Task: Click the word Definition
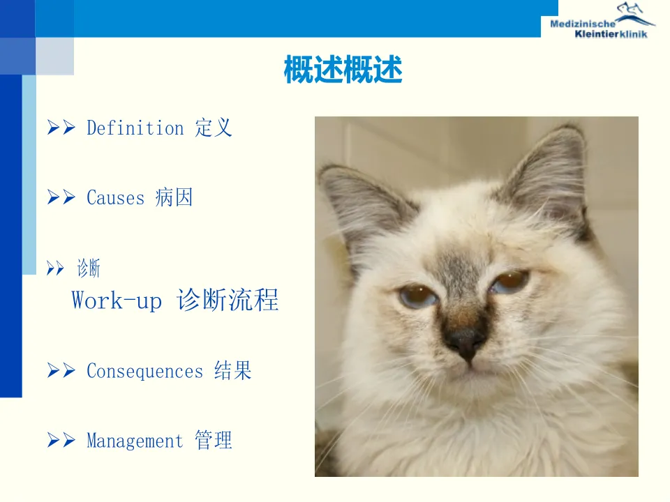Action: [x=135, y=128]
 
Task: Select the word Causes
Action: [x=115, y=197]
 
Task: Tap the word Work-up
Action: [x=117, y=300]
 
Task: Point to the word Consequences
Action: [x=145, y=371]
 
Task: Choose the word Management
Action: [x=135, y=441]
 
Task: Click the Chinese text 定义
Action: [x=214, y=128]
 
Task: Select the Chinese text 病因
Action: [x=174, y=197]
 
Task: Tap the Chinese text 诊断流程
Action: [x=228, y=300]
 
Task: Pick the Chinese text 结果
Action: [x=233, y=370]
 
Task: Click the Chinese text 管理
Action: [x=214, y=440]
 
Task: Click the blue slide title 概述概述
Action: [x=343, y=69]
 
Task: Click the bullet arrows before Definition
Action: [x=61, y=127]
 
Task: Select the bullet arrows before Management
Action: [x=61, y=440]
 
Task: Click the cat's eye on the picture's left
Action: [x=418, y=296]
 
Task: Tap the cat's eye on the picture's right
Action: [x=511, y=281]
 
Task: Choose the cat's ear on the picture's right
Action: [x=551, y=175]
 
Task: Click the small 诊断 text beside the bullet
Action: [x=89, y=268]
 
